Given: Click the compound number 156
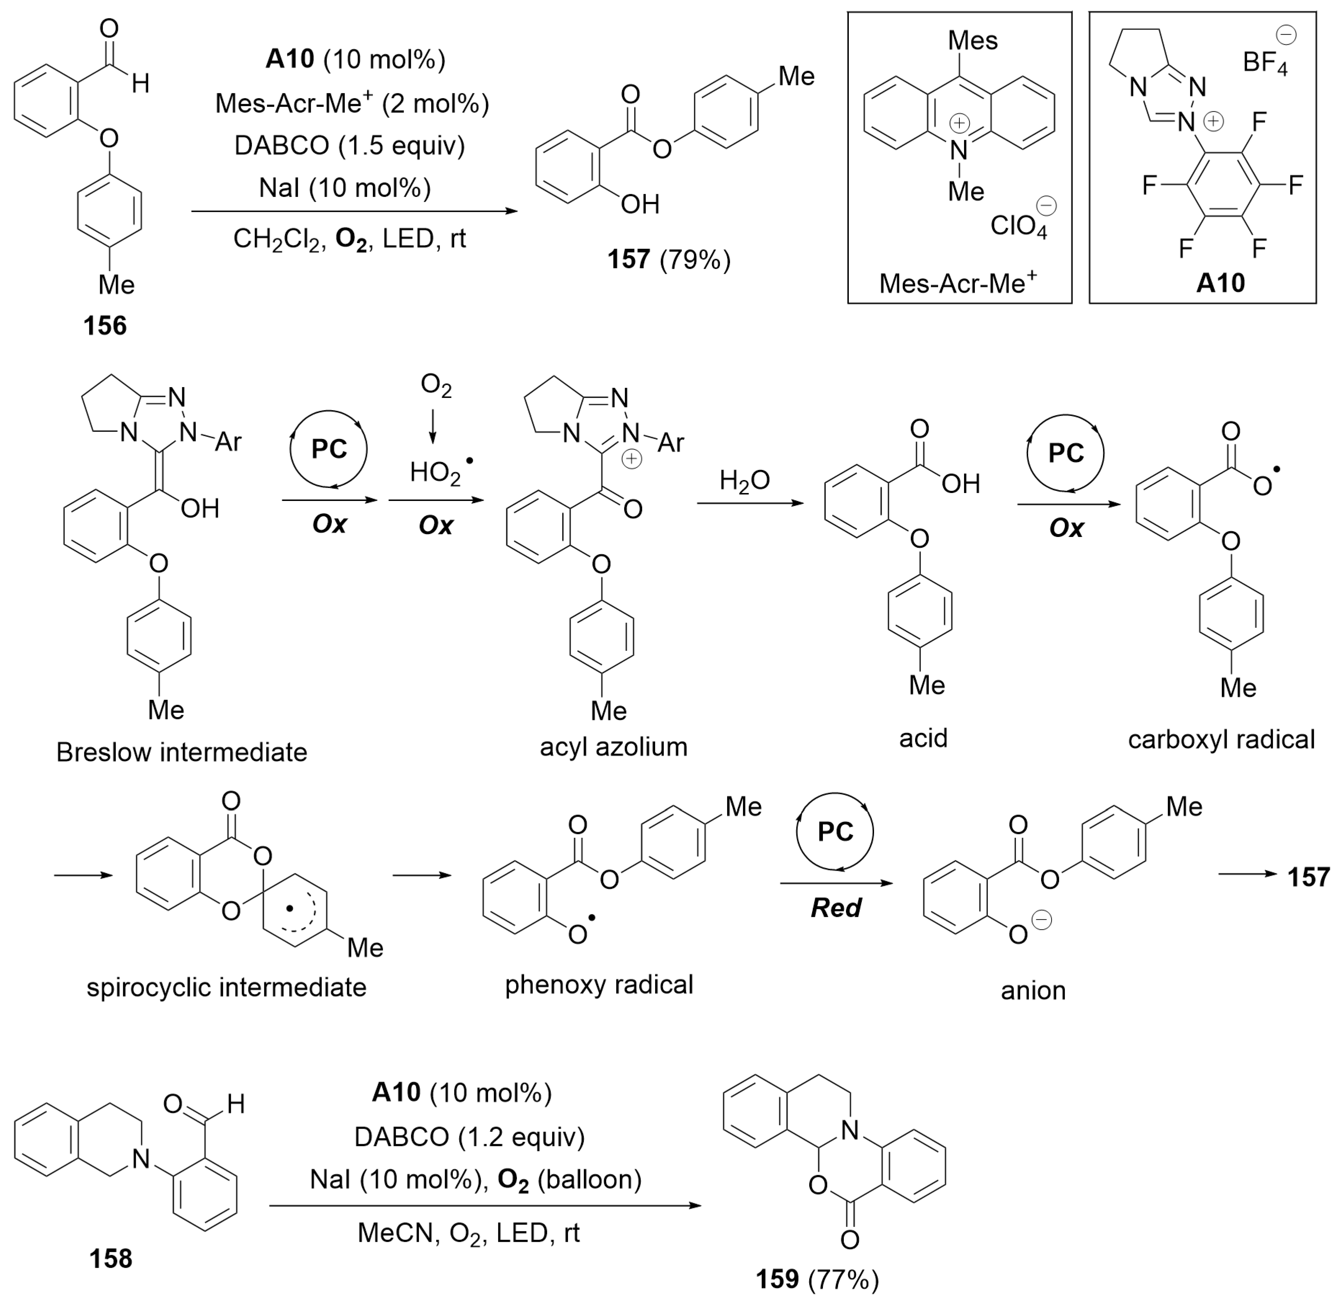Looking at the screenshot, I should (105, 325).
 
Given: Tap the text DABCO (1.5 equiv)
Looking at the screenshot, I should (350, 145).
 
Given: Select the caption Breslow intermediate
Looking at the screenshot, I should (182, 752).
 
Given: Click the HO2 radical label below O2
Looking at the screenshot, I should (436, 472).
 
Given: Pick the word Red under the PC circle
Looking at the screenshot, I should (835, 908).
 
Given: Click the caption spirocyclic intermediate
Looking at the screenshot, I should (226, 988).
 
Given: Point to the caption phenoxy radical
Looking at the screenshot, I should (599, 985).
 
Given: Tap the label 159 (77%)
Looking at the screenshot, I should (817, 1279).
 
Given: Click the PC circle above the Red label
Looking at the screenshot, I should (834, 832).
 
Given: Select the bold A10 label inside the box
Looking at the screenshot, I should (1220, 283).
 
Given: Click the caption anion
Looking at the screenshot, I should (1033, 990).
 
